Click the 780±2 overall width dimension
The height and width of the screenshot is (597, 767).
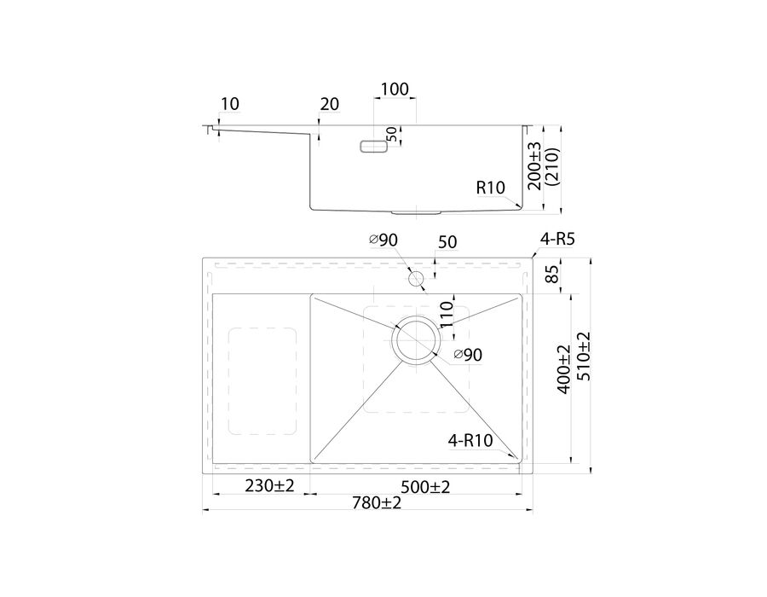[x=377, y=502]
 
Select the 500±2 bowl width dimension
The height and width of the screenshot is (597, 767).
[x=425, y=487]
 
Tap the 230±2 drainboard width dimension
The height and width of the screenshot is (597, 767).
[x=269, y=486]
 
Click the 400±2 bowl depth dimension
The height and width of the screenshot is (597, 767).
[x=563, y=369]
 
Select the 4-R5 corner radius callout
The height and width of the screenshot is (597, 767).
[x=557, y=240]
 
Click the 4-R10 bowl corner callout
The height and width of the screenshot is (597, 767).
[x=470, y=441]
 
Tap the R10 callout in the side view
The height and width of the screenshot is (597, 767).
[x=491, y=188]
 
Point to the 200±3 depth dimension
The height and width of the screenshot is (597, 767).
[x=534, y=166]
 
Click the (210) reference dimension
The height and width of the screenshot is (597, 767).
[x=553, y=166]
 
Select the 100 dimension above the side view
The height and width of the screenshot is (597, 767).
[x=395, y=89]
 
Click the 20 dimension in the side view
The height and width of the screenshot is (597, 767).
[x=329, y=104]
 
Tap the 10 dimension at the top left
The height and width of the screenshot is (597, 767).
[x=229, y=104]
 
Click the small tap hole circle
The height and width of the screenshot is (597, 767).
[x=416, y=280]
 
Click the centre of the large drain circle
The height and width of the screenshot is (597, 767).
[x=416, y=340]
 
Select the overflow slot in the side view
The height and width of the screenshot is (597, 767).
[x=374, y=147]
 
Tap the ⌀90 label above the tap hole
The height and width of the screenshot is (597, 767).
[x=383, y=240]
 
